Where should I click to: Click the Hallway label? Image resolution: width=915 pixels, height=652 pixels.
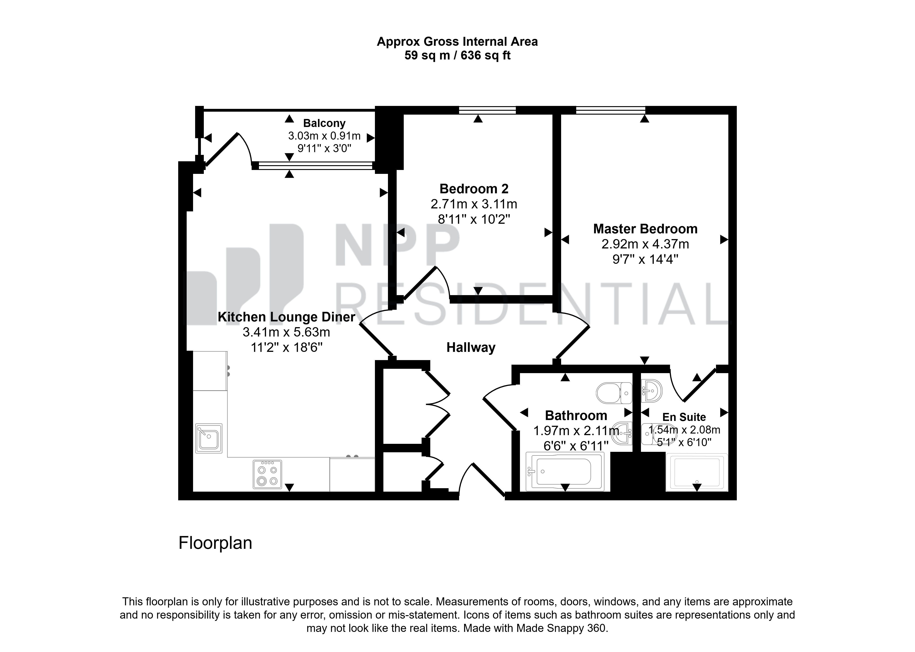point(471,348)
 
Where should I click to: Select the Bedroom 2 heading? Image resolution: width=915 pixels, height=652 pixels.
point(474,189)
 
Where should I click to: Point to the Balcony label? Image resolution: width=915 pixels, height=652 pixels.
point(324,123)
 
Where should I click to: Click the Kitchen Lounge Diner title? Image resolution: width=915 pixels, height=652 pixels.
point(286,317)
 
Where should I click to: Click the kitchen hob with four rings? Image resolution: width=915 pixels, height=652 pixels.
point(267,474)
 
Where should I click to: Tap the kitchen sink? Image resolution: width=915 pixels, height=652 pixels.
point(209,438)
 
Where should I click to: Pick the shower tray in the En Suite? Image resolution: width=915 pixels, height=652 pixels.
point(697,473)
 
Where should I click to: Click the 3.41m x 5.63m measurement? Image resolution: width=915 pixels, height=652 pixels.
point(286,332)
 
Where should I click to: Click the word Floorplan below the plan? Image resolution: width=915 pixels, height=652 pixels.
point(215,543)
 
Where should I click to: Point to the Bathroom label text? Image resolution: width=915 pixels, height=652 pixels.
point(576,415)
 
